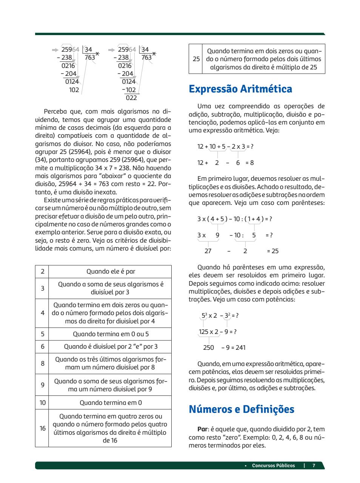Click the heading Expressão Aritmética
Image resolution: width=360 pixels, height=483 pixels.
240,89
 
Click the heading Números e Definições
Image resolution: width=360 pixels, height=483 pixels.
242,409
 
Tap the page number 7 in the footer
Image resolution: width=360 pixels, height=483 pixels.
314,465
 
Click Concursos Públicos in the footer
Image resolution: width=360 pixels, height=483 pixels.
273,465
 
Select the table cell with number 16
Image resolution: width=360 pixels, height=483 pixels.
42,428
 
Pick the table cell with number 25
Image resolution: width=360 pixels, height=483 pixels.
196,59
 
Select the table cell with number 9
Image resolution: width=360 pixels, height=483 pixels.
42,385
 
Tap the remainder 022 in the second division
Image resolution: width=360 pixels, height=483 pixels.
131,98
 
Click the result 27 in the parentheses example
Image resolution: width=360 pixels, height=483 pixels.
208,251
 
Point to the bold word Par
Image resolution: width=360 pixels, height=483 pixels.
202,429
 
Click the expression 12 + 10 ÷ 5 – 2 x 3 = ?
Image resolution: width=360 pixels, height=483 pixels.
225,146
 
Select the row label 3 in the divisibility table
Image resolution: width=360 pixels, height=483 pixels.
42,288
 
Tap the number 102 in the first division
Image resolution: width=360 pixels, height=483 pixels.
74,90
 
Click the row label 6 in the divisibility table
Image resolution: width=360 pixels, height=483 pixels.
42,346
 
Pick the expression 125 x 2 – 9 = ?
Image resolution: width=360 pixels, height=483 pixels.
218,332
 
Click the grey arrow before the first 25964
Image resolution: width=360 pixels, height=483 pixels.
55,49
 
